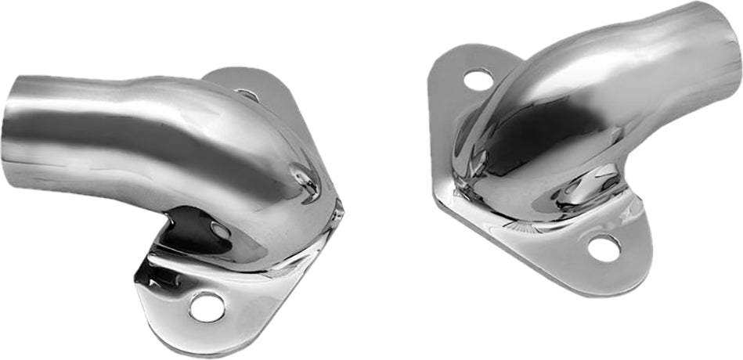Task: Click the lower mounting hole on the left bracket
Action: (x=207, y=307)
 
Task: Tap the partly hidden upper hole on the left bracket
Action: (x=248, y=95)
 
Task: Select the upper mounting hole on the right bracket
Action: (x=478, y=79)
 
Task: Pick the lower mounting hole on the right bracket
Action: (x=604, y=249)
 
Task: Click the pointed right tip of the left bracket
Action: (x=339, y=210)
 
